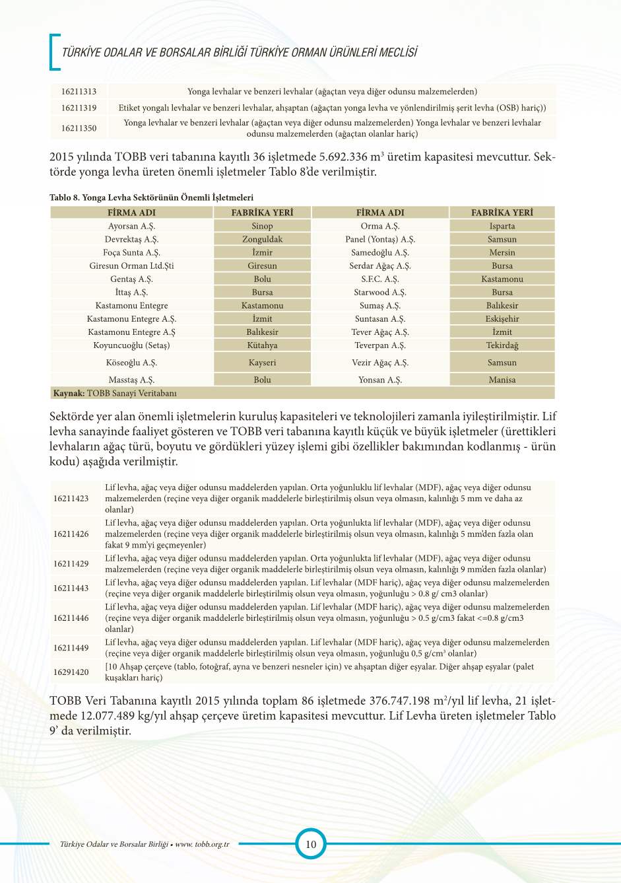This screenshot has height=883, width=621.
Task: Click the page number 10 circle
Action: click(x=311, y=843)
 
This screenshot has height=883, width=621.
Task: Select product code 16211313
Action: click(x=79, y=92)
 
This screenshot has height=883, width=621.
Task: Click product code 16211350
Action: click(x=79, y=128)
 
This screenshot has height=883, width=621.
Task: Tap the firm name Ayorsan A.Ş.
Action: click(x=131, y=226)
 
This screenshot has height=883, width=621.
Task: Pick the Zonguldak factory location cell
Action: click(x=262, y=239)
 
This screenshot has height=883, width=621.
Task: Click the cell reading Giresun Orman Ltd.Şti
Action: click(x=131, y=265)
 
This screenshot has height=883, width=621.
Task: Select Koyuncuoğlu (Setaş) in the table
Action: click(x=131, y=345)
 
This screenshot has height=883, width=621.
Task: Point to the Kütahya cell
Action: click(x=262, y=345)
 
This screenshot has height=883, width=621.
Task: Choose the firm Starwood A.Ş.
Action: click(x=380, y=292)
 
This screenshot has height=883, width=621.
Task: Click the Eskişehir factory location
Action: click(x=502, y=318)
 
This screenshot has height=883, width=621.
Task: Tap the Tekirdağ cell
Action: click(x=502, y=345)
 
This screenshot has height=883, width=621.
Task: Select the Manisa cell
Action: click(x=502, y=380)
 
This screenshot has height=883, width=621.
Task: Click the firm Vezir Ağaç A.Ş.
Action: click(x=380, y=363)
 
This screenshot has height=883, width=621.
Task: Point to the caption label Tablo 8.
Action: click(x=64, y=197)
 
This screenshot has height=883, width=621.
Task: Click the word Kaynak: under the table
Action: click(x=69, y=393)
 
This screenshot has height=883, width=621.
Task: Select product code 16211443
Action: click(x=71, y=588)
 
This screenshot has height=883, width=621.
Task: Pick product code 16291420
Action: click(x=71, y=672)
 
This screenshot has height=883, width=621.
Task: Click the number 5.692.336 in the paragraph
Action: click(x=343, y=157)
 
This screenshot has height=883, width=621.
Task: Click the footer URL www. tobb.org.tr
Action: click(x=202, y=844)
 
